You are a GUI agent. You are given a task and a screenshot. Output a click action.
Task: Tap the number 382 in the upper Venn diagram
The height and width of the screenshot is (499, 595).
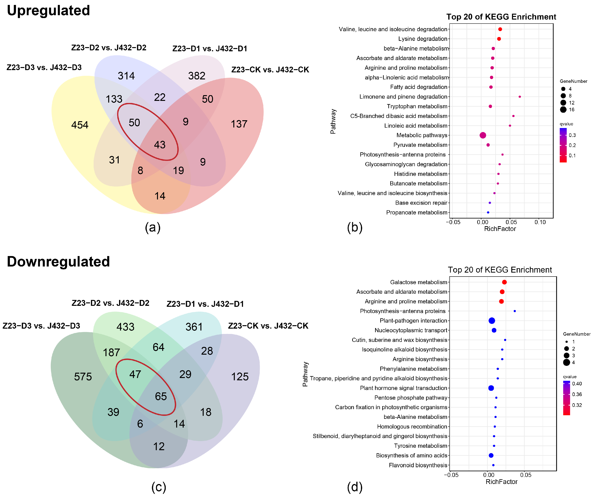197,76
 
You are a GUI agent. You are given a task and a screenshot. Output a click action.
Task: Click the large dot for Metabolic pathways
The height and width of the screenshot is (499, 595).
483,135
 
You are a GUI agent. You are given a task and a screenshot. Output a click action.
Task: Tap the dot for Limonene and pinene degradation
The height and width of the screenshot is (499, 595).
520,97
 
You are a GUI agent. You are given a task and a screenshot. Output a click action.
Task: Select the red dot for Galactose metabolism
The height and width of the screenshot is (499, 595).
504,282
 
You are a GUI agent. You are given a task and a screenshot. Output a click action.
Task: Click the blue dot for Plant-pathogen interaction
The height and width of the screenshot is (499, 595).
492,321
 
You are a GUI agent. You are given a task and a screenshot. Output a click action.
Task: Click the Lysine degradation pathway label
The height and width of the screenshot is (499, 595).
423,39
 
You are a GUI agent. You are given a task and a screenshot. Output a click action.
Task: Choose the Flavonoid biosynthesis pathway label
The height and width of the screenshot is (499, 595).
418,465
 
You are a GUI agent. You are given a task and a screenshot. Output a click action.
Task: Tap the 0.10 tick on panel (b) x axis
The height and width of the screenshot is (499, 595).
540,222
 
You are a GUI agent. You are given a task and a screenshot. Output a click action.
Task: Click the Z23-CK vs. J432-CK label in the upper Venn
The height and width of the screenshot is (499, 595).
270,70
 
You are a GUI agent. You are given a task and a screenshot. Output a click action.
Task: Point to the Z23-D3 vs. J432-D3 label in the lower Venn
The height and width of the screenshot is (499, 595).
41,326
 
